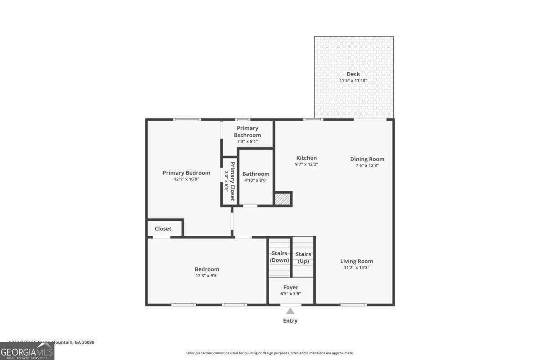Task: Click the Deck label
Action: (353, 74)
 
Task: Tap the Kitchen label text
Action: (306, 158)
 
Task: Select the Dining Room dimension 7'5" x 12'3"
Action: (367, 165)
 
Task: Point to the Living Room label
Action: (356, 261)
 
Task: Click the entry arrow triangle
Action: (291, 311)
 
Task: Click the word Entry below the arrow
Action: (290, 321)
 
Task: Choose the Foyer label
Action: (290, 288)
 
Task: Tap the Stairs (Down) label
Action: (279, 257)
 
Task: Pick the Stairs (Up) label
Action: (303, 257)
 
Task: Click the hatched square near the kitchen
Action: (283, 199)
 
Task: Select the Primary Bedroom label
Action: (186, 173)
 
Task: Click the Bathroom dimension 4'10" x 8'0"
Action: (256, 180)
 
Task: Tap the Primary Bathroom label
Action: (247, 131)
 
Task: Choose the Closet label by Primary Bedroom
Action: (163, 229)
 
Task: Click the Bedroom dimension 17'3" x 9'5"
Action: (207, 276)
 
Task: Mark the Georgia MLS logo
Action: (27, 351)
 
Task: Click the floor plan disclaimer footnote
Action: (270, 353)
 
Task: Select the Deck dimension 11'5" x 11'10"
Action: (353, 81)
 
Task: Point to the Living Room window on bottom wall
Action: (353, 305)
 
